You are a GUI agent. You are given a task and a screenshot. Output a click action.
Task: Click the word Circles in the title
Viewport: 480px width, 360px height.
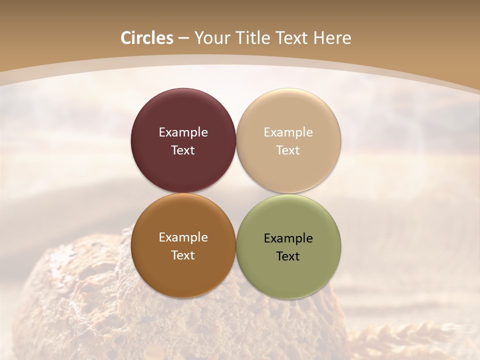147,38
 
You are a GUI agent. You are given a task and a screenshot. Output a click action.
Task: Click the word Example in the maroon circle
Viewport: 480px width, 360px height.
183,132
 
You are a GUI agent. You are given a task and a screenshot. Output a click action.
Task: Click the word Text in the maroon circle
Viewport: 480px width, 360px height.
183,150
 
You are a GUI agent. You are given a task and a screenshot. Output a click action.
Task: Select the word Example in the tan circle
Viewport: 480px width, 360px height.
288,132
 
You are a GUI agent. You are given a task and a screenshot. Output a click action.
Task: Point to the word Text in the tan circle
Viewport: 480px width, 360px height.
288,150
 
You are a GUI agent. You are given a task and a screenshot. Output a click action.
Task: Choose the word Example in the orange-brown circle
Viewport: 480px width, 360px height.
183,237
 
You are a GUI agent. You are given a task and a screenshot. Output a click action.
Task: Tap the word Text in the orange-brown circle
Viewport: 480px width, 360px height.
183,255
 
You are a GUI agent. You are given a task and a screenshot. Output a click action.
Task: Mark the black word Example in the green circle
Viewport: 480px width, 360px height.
288,238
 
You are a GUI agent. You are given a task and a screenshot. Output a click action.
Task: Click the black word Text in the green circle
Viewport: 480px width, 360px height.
288,256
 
